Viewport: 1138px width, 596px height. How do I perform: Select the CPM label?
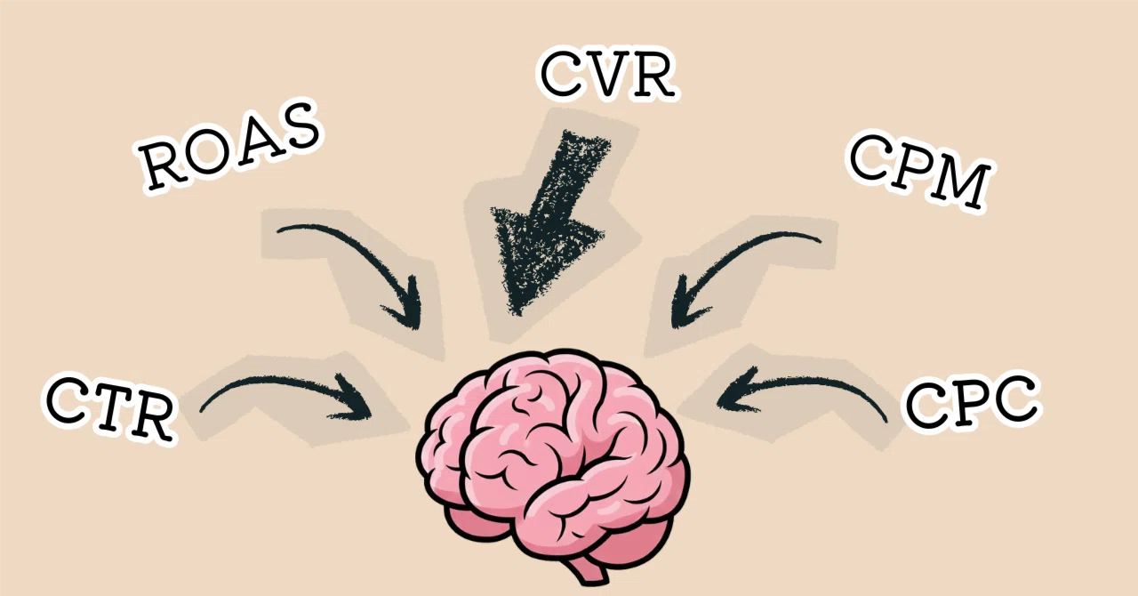919,173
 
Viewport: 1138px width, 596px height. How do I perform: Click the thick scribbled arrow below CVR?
546,219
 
